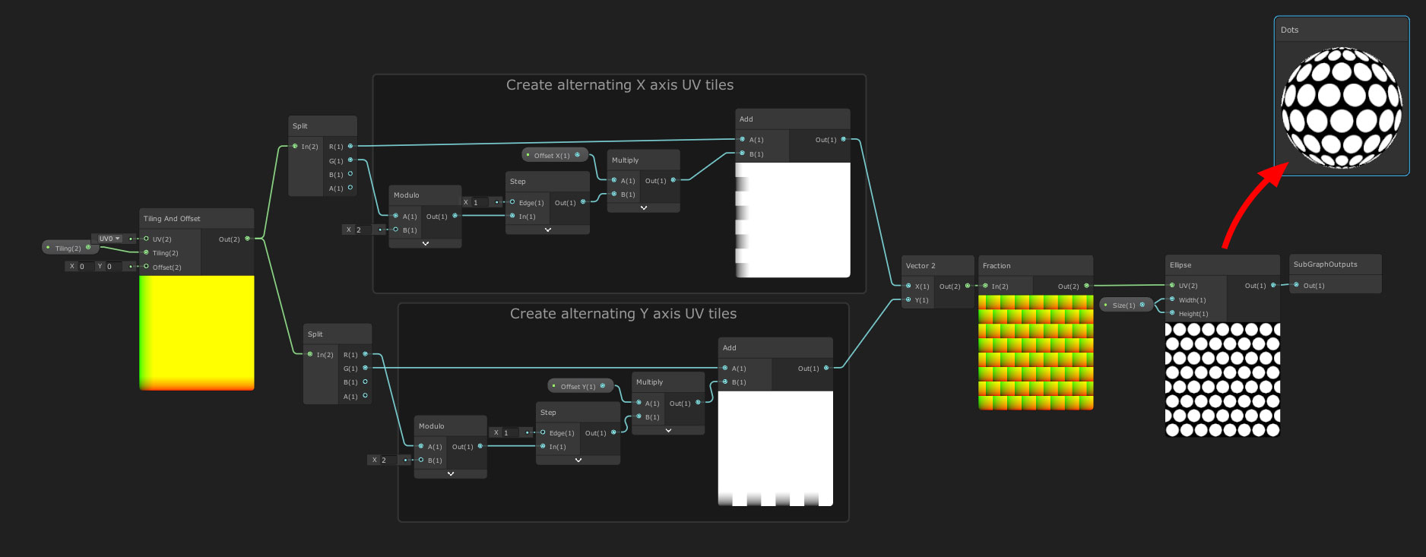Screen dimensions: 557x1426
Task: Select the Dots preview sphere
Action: (x=1342, y=107)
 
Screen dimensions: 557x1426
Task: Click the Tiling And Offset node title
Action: (x=172, y=219)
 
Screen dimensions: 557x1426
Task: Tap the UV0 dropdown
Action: (x=109, y=239)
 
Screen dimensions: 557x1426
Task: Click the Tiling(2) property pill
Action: (x=68, y=248)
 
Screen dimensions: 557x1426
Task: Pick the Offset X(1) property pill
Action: (x=553, y=156)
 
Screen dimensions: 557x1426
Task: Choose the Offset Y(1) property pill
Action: (x=578, y=387)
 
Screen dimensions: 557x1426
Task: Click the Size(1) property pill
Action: (x=1124, y=305)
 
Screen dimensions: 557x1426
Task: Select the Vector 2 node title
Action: (x=921, y=266)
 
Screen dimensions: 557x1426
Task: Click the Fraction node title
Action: (x=997, y=266)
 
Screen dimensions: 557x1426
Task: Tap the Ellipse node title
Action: (x=1180, y=265)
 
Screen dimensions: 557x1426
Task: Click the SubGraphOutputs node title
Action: (x=1325, y=264)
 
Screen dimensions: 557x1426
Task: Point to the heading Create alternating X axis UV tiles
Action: (x=620, y=85)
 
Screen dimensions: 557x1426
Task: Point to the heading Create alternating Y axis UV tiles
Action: (x=623, y=314)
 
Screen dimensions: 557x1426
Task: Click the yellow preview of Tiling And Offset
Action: (x=197, y=333)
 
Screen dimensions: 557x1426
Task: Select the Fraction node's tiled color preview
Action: (x=1035, y=353)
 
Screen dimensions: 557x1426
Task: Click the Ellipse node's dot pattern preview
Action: (x=1222, y=380)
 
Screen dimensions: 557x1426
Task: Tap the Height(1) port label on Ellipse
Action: (x=1193, y=314)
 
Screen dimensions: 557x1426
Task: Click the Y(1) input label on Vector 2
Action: (x=921, y=300)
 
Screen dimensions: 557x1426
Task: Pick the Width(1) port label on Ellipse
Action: (x=1192, y=300)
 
